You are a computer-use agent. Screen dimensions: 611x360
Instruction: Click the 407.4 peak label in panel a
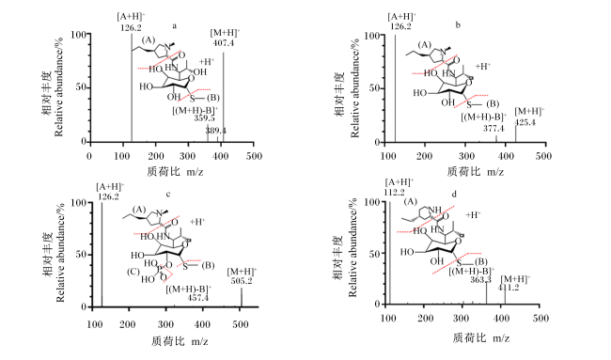click(x=224, y=42)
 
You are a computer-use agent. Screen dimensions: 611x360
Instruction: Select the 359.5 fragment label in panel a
click(x=204, y=117)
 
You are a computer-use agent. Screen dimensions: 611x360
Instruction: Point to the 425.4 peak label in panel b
click(x=525, y=122)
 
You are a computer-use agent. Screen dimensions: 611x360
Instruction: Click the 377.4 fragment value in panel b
click(x=493, y=128)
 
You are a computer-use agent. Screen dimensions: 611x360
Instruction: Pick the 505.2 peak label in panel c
click(x=242, y=280)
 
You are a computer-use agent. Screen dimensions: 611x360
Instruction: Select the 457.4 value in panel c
click(x=198, y=298)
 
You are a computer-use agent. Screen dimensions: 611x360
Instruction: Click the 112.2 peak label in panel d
click(x=394, y=192)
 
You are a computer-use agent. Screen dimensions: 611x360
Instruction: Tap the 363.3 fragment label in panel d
click(x=480, y=280)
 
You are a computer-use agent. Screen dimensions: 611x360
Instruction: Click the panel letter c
click(x=168, y=194)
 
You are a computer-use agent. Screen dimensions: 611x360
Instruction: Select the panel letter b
click(x=458, y=25)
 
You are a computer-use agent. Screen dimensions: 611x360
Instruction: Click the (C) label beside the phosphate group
click(x=133, y=272)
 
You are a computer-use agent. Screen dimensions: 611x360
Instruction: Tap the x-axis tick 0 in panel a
click(x=89, y=156)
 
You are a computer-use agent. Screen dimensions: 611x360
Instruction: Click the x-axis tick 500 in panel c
click(x=240, y=324)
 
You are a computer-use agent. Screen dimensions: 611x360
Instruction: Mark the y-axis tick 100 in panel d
click(x=372, y=202)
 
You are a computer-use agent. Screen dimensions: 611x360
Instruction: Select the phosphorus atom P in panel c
click(x=159, y=269)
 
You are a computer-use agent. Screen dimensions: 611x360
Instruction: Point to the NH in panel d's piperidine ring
click(x=435, y=210)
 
